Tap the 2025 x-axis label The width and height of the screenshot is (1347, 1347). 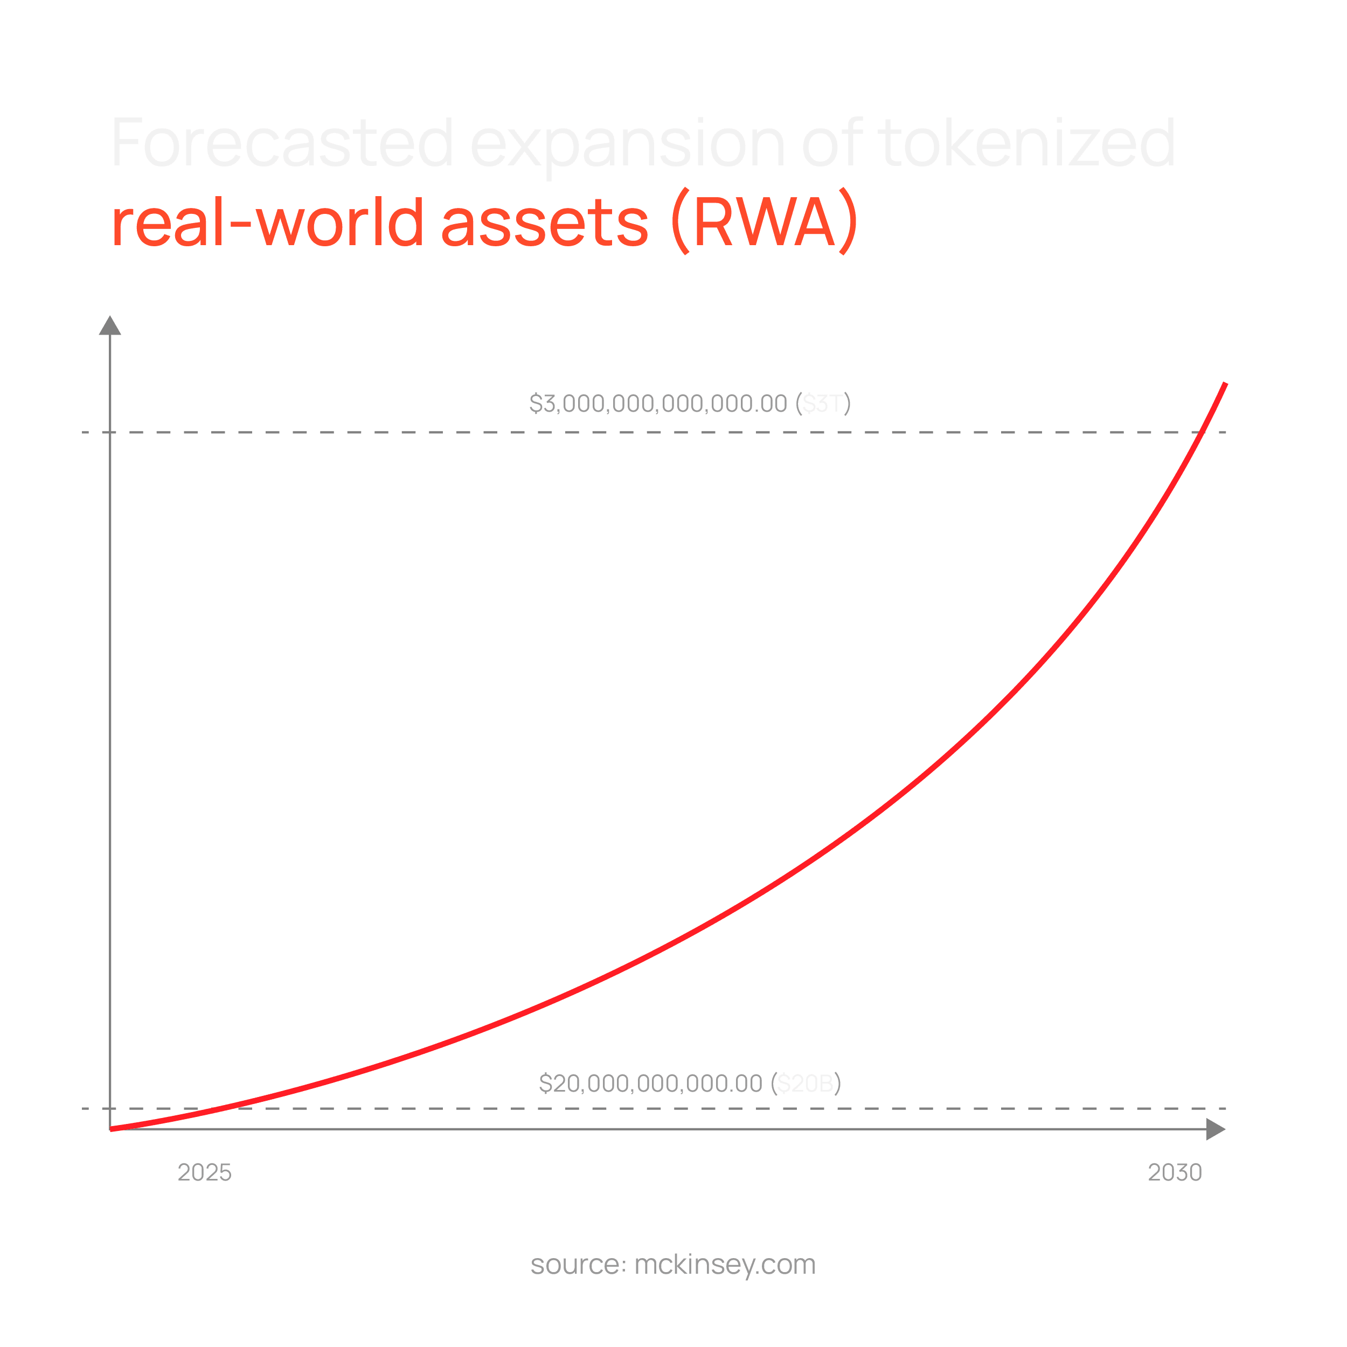click(x=204, y=1173)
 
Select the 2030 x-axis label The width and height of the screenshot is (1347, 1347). click(x=1175, y=1173)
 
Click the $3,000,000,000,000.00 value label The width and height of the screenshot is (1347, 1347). click(x=657, y=404)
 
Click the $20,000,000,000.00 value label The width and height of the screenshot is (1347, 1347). click(x=650, y=1084)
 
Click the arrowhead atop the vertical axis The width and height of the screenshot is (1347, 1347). click(x=110, y=325)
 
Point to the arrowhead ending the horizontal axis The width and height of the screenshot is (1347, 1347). click(x=1215, y=1129)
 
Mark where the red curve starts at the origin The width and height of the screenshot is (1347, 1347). click(x=112, y=1128)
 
